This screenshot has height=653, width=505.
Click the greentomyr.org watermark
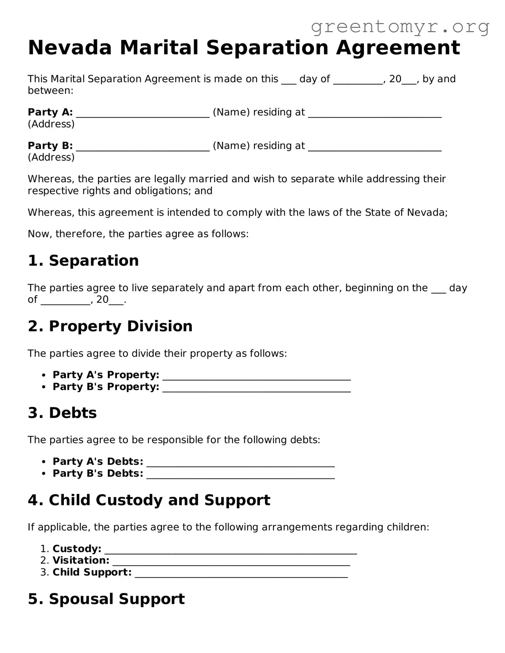400,27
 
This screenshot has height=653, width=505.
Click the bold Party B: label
50,146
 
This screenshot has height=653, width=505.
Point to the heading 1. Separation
83,261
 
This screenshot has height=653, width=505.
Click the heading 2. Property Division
110,326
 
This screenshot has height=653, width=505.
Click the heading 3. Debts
62,413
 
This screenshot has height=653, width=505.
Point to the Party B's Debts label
98,473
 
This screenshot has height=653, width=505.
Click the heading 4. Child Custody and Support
149,500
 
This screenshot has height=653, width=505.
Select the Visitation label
81,560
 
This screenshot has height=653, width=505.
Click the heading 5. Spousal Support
106,599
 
